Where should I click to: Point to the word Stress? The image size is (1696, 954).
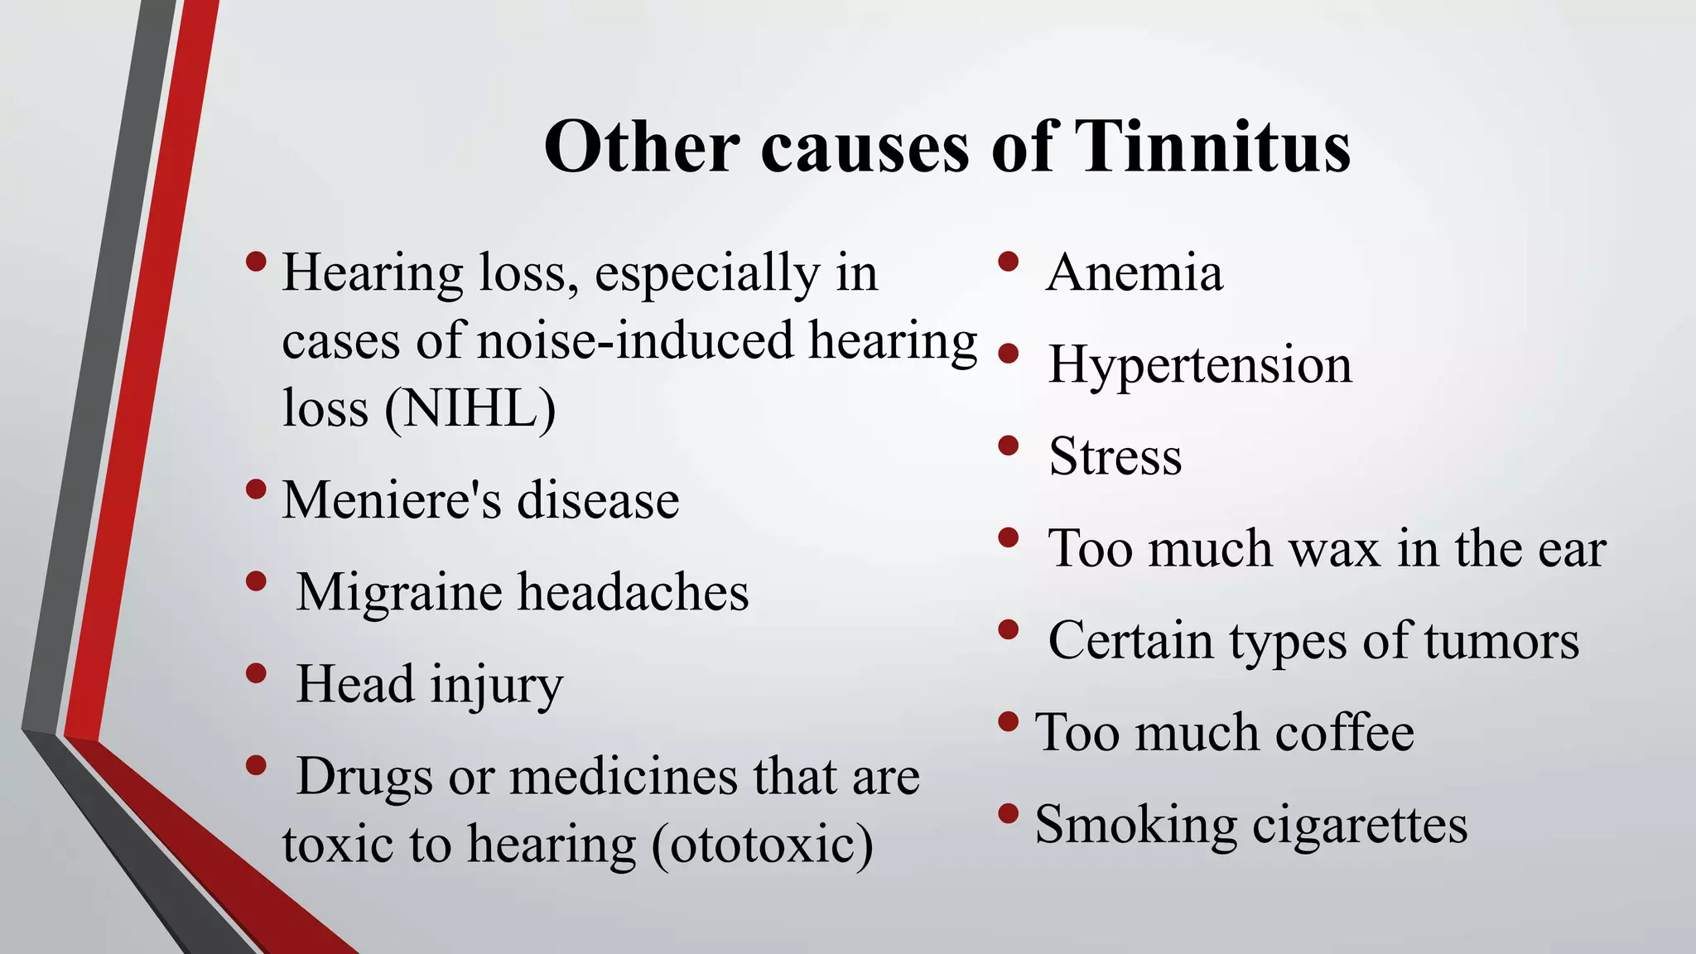point(1115,456)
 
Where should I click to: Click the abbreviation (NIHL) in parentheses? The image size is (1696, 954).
point(470,408)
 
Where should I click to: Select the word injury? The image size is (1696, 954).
point(496,686)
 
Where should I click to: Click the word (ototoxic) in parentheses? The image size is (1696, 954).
point(763,845)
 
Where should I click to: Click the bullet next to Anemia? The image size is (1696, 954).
point(1008,262)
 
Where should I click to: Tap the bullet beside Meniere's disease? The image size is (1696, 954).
point(256,489)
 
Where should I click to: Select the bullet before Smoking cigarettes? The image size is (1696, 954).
point(1008,814)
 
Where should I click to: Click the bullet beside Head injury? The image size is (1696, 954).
point(256,673)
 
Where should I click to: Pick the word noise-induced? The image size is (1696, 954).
point(635,340)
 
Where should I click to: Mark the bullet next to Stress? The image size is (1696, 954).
point(1008,446)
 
